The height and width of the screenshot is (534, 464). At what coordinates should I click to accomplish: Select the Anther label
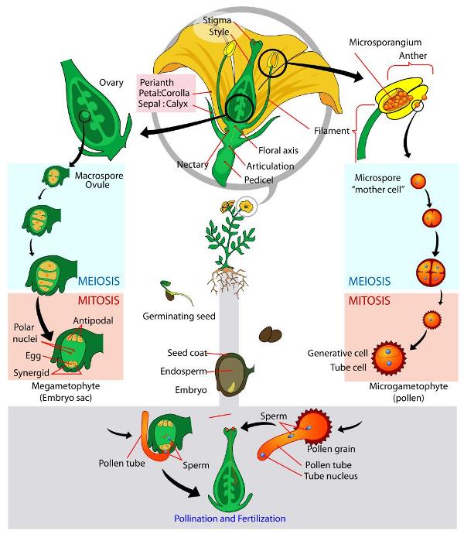point(414,56)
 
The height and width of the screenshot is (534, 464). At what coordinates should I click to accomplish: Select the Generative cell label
point(335,353)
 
